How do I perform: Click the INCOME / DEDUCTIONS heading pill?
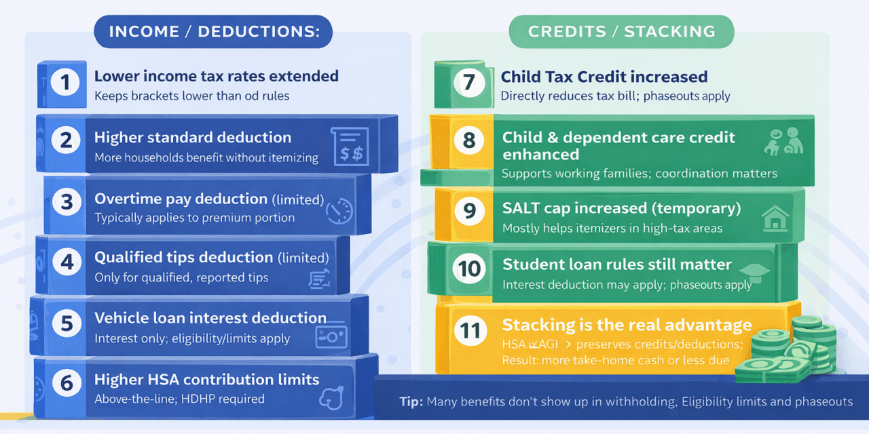213,31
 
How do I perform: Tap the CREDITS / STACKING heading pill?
621,31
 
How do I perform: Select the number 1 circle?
65,83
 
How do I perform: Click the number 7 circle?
469,83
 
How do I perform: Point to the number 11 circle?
469,330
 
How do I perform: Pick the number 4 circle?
67,262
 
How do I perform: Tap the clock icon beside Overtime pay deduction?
339,210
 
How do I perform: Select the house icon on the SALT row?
776,219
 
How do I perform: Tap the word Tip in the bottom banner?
411,401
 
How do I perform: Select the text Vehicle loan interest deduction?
210,318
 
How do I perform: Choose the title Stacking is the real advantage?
627,325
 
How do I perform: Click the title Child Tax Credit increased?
604,77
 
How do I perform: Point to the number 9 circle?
469,212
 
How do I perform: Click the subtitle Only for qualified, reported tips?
181,277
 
